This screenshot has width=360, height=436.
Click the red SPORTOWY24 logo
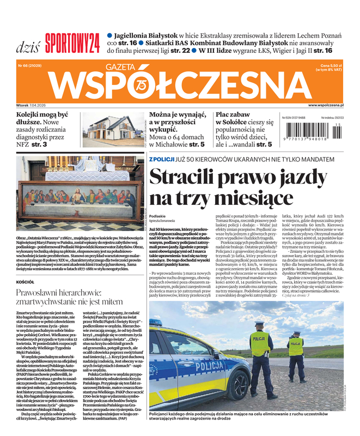(72, 42)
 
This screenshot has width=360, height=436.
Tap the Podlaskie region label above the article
(158, 216)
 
